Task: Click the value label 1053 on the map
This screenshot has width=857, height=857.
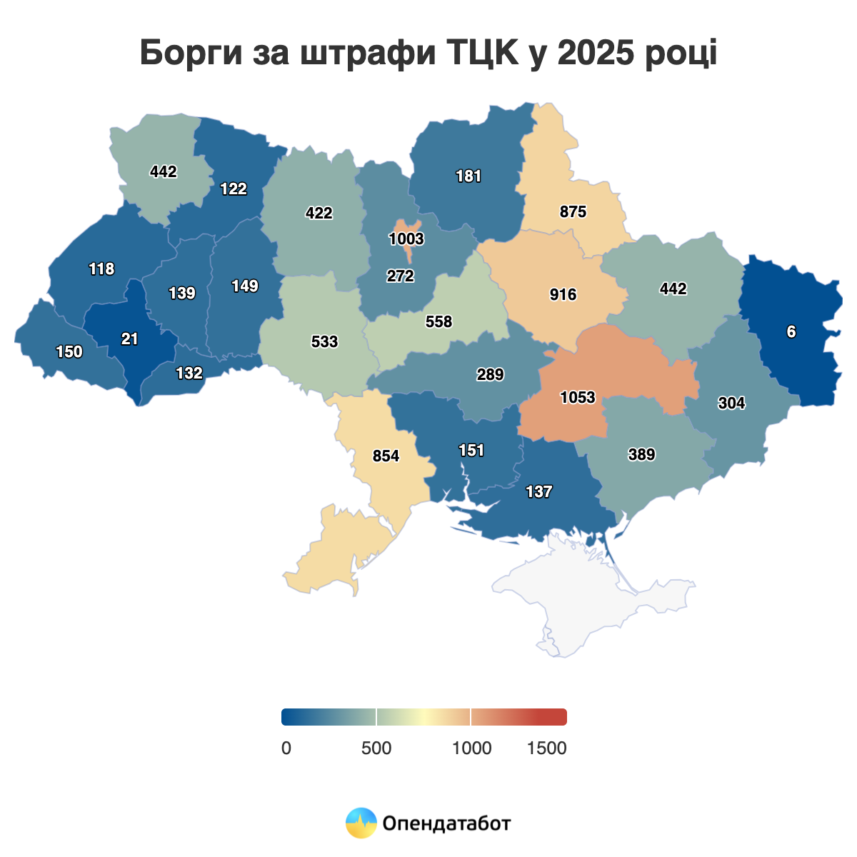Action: tap(578, 397)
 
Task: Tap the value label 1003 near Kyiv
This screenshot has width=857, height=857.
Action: tap(406, 239)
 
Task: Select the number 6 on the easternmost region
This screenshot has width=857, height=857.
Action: tap(791, 331)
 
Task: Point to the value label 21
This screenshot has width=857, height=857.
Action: tap(129, 339)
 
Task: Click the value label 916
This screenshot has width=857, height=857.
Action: tap(563, 294)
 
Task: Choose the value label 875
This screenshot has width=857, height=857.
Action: tap(573, 211)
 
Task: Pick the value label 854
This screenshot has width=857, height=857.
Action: tap(386, 456)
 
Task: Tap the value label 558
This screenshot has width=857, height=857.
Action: tap(438, 321)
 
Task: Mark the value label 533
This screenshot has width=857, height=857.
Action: tap(324, 341)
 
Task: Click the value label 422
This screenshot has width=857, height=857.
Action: tap(319, 213)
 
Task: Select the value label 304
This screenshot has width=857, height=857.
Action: tap(731, 403)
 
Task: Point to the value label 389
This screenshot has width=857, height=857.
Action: tap(641, 454)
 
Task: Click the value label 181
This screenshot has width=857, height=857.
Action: tap(468, 176)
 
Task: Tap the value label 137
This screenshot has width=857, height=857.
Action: tap(538, 491)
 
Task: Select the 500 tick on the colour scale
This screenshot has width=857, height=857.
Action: tap(376, 748)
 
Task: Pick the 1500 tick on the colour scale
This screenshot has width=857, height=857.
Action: tap(546, 748)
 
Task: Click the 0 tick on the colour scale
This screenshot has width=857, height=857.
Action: tap(286, 748)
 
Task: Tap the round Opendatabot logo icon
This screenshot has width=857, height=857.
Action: tap(361, 823)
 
